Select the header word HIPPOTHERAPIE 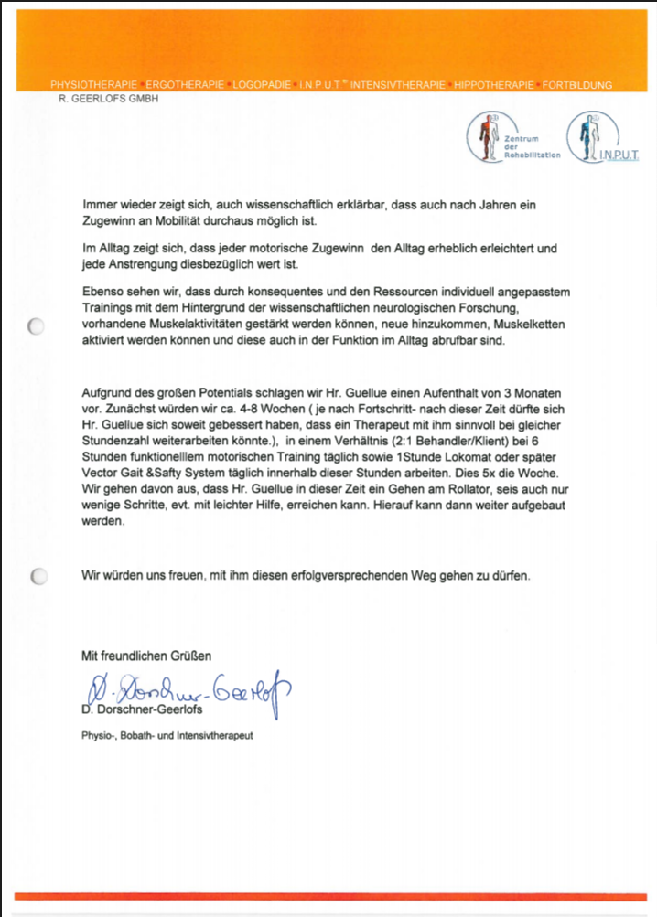pos(494,85)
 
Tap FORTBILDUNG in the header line pos(578,85)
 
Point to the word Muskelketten pos(533,325)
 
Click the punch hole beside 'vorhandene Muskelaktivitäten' pos(38,326)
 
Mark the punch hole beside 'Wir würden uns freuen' pos(38,577)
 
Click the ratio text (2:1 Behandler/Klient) pos(409,441)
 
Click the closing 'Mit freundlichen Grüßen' pos(146,655)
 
